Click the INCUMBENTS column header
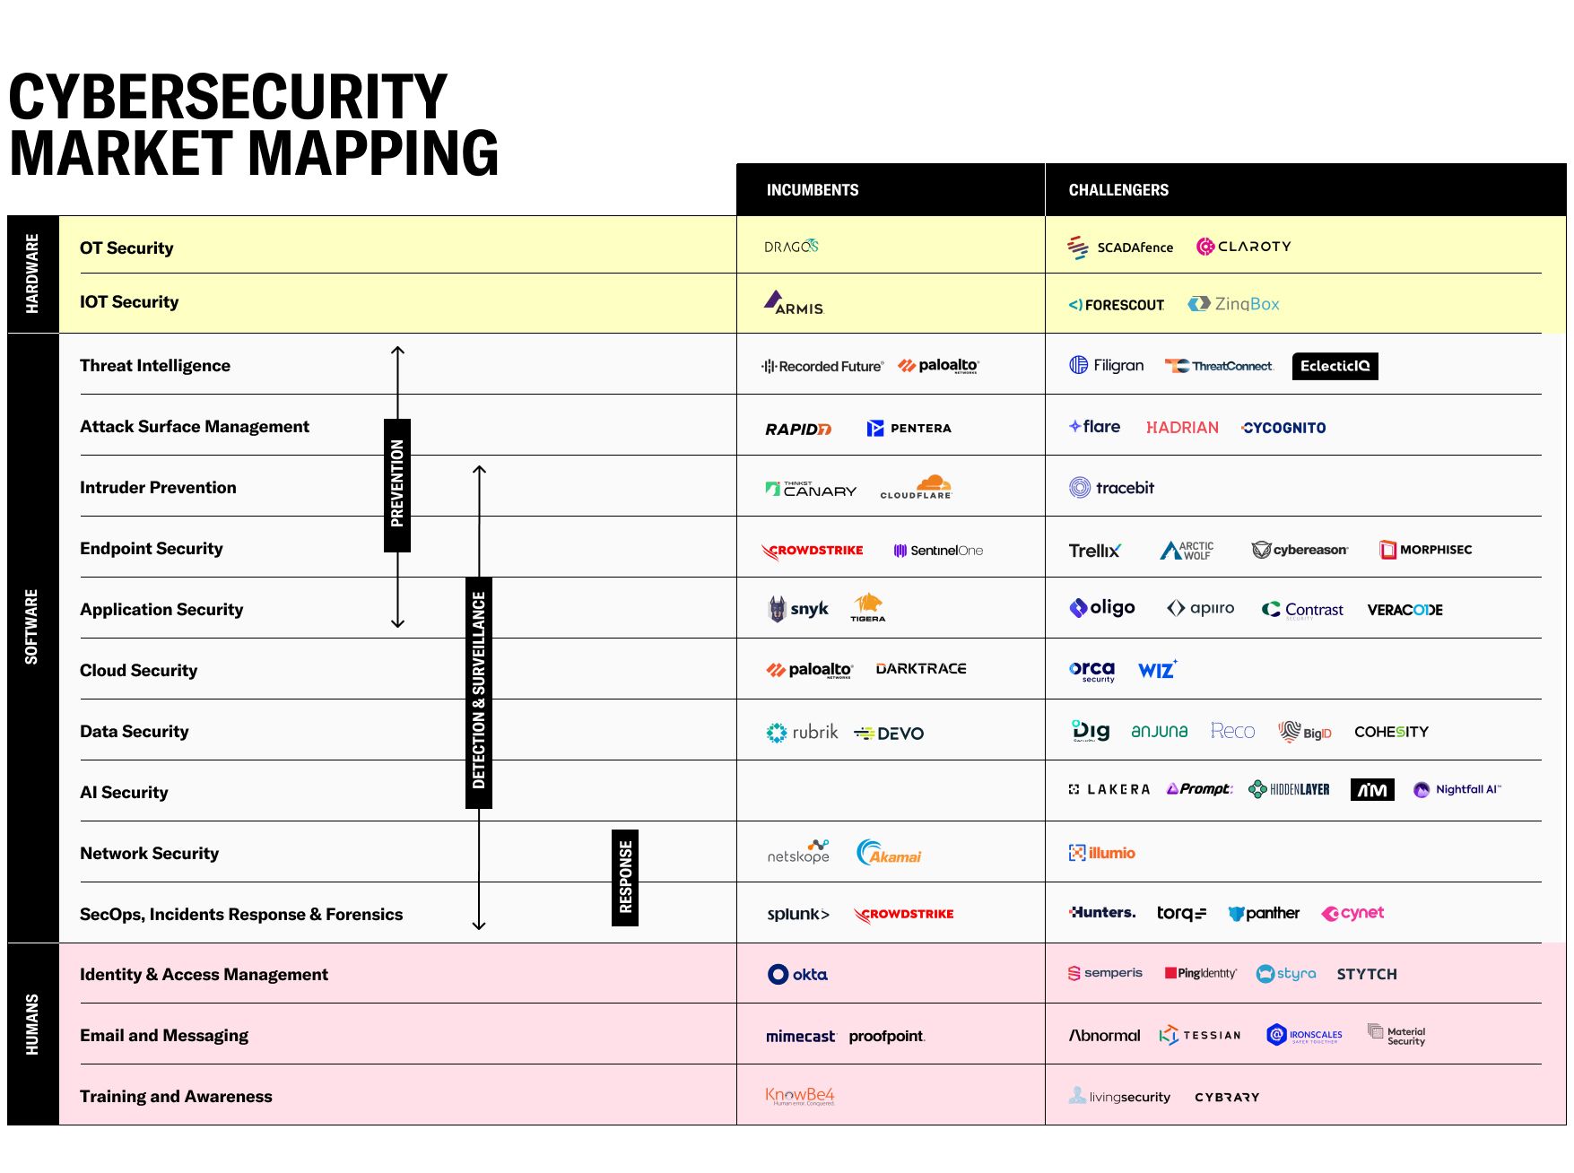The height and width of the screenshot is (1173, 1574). coord(812,190)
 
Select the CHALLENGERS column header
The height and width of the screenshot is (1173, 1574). coord(1118,190)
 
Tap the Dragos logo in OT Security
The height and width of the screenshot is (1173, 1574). coord(791,247)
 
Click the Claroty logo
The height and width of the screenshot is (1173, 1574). coord(1244,247)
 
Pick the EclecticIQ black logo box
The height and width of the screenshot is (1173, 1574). coord(1335,366)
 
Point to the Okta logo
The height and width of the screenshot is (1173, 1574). coord(798,974)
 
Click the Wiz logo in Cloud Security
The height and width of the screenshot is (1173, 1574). coord(1157,670)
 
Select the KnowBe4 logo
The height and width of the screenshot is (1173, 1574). coord(799,1096)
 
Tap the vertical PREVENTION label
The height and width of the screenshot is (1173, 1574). coord(397,484)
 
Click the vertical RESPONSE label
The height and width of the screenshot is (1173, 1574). coord(625,877)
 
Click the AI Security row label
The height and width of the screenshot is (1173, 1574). coord(124,792)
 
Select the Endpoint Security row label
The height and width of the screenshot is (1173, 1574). coord(151,548)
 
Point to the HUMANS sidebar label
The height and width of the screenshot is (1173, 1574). coord(32,1024)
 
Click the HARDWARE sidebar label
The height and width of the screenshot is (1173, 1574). coord(32,274)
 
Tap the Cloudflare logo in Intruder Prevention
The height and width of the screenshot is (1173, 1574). coord(916,488)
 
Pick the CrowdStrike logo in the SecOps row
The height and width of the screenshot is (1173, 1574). coord(904,914)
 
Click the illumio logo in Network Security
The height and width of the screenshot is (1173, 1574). coord(1102,853)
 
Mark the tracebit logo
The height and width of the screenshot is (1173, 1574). coord(1111,488)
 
